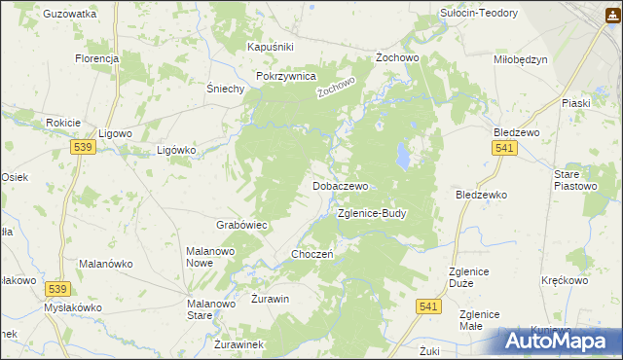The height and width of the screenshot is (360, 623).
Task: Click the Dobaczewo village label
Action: pyautogui.click(x=340, y=185)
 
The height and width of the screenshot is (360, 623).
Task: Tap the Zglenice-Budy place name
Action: pyautogui.click(x=371, y=212)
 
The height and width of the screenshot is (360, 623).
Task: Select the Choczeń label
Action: pyautogui.click(x=313, y=254)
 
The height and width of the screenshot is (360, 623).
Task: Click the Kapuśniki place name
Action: pyautogui.click(x=271, y=47)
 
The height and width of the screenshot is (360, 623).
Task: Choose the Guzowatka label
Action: pyautogui.click(x=70, y=15)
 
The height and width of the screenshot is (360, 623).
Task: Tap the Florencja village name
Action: pyautogui.click(x=96, y=58)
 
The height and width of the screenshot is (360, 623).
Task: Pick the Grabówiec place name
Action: pyautogui.click(x=241, y=225)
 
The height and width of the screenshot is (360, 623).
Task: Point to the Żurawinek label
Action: pyautogui.click(x=238, y=344)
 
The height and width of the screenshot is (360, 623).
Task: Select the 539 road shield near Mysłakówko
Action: pyautogui.click(x=58, y=289)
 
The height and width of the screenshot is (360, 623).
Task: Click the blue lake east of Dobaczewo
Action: pyautogui.click(x=401, y=153)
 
